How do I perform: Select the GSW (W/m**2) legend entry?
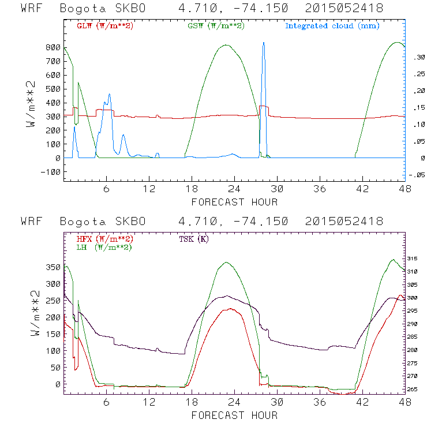pos(216,26)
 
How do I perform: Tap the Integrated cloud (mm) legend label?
pos(332,26)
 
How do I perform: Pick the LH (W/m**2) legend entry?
pos(104,247)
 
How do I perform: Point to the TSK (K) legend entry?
pos(194,238)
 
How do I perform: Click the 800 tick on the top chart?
pos(54,47)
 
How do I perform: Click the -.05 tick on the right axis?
pos(415,176)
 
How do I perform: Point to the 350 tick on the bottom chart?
pos(54,268)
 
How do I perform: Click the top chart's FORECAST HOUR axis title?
pos(234,202)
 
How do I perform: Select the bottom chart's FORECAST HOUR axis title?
pos(234,415)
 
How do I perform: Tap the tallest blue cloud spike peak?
pos(264,43)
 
